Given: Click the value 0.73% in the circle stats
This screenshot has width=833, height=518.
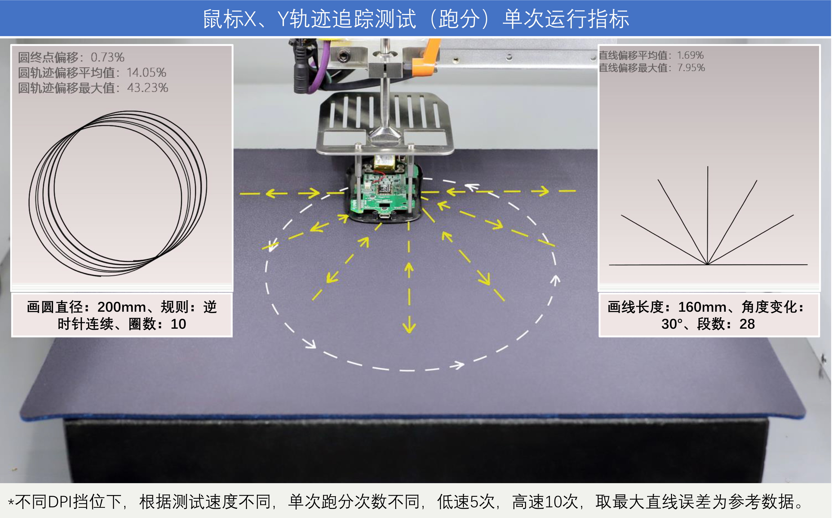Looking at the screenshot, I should point(107,57).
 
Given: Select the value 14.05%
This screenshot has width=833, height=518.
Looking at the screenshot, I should point(146,73).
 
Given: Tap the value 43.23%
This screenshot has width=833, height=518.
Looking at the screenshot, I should point(148,88).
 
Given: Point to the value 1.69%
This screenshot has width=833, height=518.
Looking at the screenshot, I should point(690,55).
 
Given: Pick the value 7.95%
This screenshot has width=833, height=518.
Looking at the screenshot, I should point(691,68).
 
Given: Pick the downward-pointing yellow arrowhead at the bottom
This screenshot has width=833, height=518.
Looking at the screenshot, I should point(409,327).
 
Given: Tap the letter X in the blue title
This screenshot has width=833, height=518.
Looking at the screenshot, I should point(249,19).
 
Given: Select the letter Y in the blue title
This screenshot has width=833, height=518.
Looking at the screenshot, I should point(283,19).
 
